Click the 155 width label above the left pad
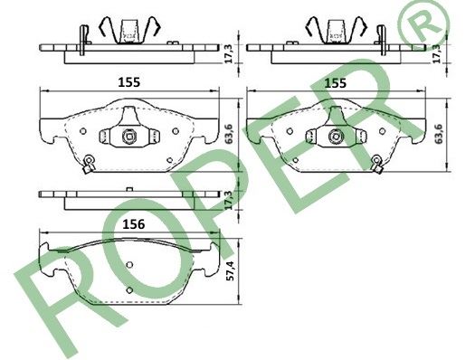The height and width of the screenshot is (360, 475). click(x=129, y=82)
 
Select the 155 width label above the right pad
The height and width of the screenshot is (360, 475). click(x=336, y=82)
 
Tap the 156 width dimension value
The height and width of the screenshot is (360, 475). click(x=134, y=224)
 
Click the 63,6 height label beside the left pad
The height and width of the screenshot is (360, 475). click(x=230, y=134)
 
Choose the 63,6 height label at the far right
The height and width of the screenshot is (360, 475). click(x=438, y=134)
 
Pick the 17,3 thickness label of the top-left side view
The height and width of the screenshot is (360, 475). click(x=230, y=53)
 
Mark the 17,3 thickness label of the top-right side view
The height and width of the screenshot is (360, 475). click(x=436, y=53)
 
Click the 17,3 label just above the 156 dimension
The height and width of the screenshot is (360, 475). click(x=230, y=201)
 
